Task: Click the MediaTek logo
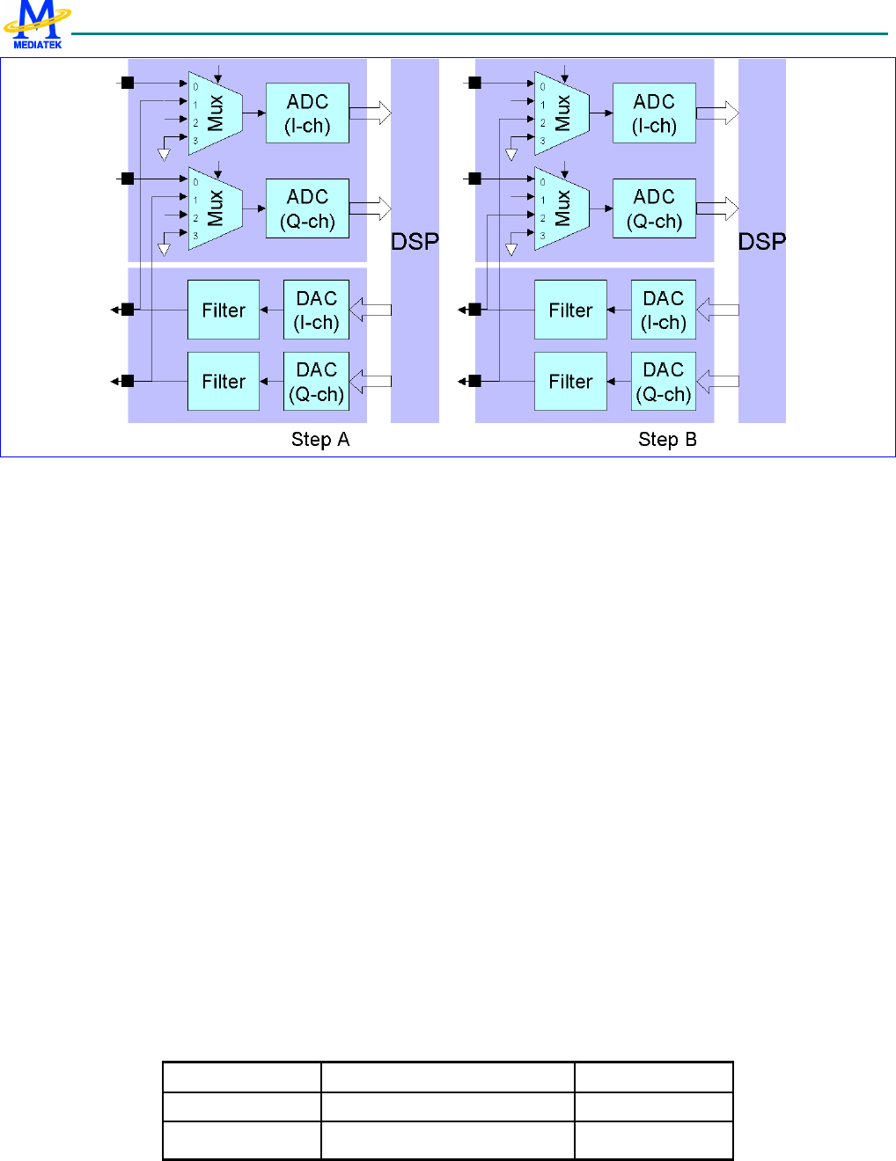pyautogui.click(x=37, y=25)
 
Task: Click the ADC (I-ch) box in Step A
pyautogui.click(x=307, y=113)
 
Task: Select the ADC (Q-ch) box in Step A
pyautogui.click(x=307, y=208)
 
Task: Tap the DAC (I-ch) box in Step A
pyautogui.click(x=316, y=310)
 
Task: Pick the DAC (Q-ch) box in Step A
pyautogui.click(x=316, y=381)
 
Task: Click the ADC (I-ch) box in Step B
pyautogui.click(x=654, y=113)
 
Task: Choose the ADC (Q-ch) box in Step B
pyautogui.click(x=654, y=208)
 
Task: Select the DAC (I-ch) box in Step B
pyautogui.click(x=663, y=310)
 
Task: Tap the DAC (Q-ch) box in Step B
pyautogui.click(x=663, y=381)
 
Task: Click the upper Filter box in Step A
pyautogui.click(x=224, y=310)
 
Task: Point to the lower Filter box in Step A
pyautogui.click(x=224, y=381)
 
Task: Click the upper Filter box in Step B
pyautogui.click(x=570, y=310)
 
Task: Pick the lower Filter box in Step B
pyautogui.click(x=570, y=381)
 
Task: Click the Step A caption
pyautogui.click(x=320, y=440)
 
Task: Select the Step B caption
pyautogui.click(x=667, y=440)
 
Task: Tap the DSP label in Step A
pyautogui.click(x=415, y=242)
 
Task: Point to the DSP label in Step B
pyautogui.click(x=761, y=242)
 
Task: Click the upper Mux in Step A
pyautogui.click(x=215, y=113)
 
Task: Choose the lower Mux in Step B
pyautogui.click(x=562, y=208)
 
